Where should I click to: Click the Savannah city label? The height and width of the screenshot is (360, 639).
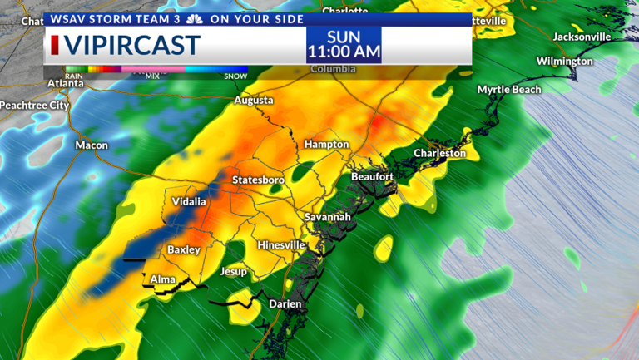327,217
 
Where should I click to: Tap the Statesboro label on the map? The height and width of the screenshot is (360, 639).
258,180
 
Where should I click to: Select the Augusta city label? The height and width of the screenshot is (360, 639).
254,101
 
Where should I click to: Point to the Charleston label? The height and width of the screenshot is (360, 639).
441,153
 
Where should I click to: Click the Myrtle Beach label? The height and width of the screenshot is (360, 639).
508,90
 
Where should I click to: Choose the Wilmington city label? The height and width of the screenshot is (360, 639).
564,62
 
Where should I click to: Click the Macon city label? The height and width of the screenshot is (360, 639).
92,145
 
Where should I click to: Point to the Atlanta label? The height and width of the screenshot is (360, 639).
65,83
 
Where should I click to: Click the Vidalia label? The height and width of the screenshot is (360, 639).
189,202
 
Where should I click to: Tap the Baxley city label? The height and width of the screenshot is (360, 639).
184,249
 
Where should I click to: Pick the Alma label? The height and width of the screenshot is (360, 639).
163,279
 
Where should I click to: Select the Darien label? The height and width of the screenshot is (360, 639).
285,304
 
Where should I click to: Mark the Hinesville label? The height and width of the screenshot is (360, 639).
282,245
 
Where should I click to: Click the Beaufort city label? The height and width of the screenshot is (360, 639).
371,176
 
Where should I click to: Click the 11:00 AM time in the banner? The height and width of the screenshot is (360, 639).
344,52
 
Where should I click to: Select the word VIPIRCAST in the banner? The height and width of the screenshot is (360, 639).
133,44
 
